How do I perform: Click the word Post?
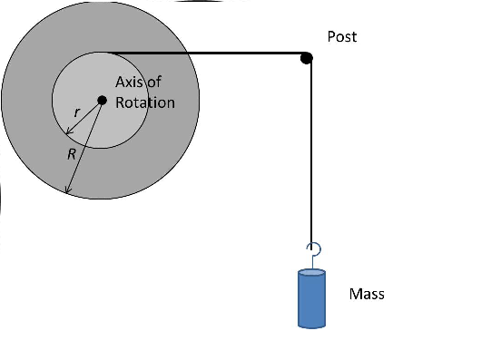tap(342, 37)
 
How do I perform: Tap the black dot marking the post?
tap(307, 58)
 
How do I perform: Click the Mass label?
tap(367, 294)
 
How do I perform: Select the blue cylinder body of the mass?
tap(311, 301)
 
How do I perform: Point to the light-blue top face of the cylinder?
tap(311, 272)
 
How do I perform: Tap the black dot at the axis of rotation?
tap(102, 101)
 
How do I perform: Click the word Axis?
tap(130, 83)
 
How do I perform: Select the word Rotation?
tap(144, 102)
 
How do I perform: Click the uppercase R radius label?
tap(71, 154)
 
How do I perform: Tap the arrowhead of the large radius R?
tap(65, 191)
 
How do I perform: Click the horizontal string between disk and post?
tap(209, 54)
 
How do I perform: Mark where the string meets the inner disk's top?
tap(102, 54)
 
